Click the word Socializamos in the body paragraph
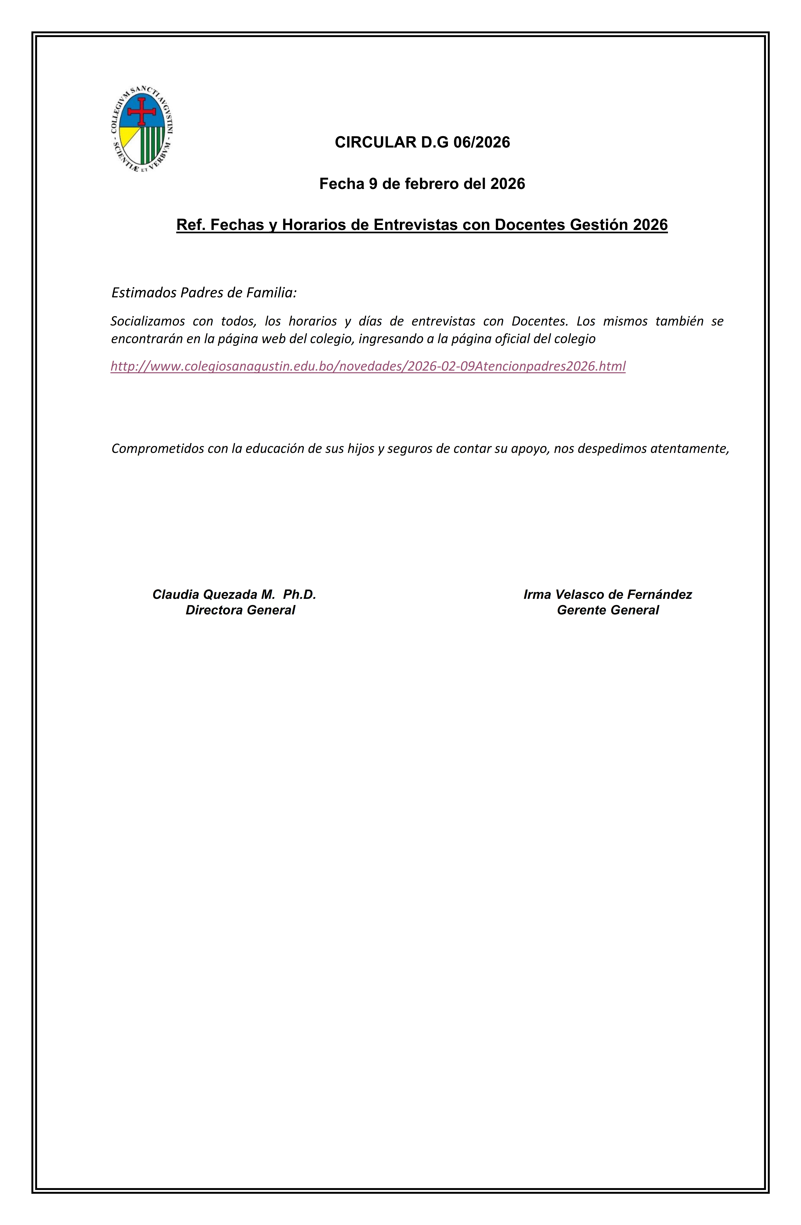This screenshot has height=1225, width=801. (x=148, y=321)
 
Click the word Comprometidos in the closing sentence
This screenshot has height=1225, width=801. (x=158, y=448)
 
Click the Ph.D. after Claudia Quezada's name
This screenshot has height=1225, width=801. (x=300, y=594)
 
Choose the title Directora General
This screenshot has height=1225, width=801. (x=240, y=610)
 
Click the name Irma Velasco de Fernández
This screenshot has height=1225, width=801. (x=608, y=594)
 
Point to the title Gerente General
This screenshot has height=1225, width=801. (x=608, y=610)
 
